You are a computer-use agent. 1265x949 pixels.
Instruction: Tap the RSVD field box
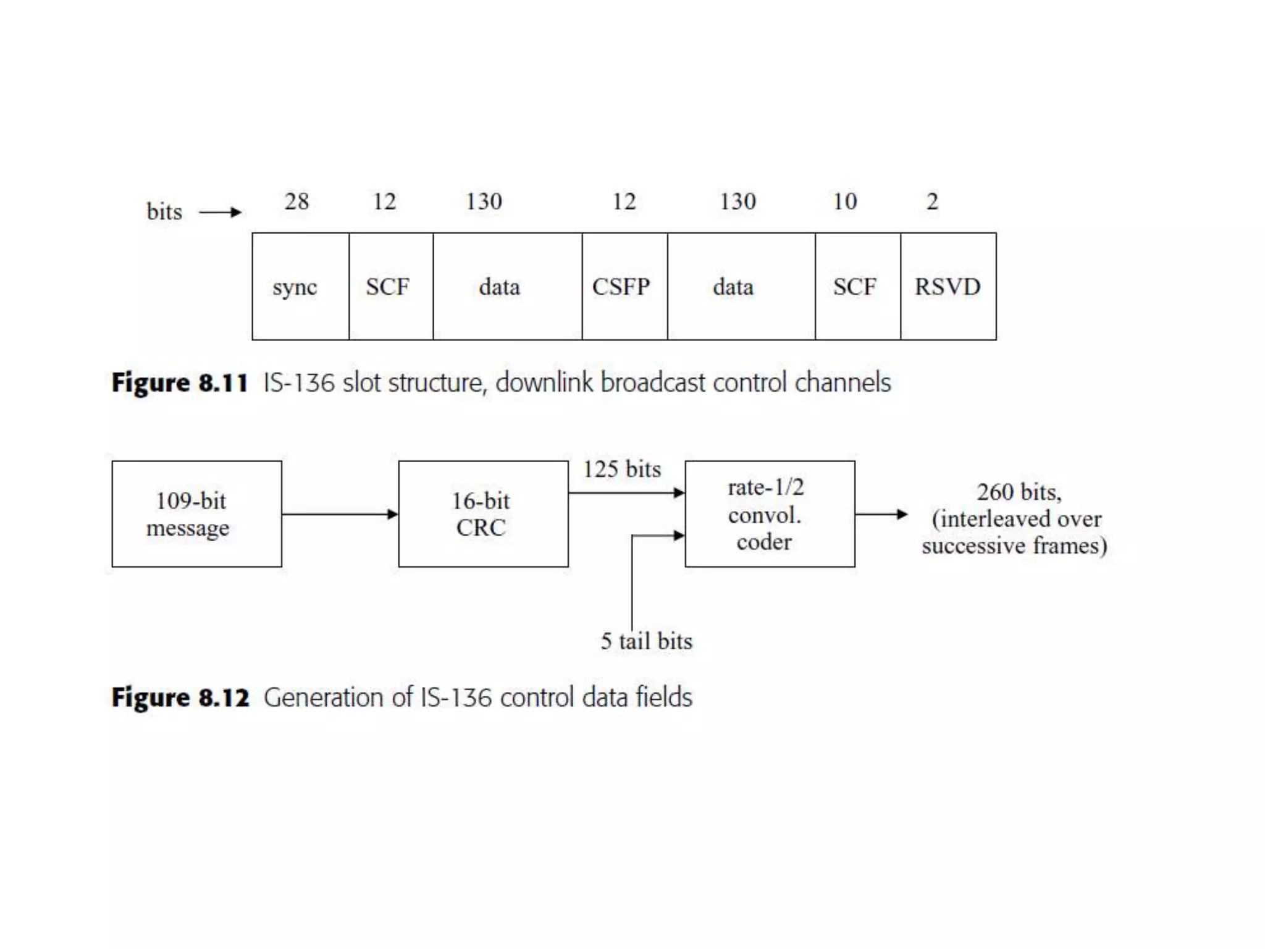[x=948, y=287]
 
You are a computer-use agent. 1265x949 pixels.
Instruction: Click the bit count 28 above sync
[x=296, y=201]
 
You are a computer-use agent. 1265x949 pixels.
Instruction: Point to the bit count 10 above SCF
[x=844, y=201]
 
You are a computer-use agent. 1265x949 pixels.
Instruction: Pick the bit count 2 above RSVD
[x=932, y=201]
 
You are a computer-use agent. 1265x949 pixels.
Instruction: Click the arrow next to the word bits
[x=220, y=213]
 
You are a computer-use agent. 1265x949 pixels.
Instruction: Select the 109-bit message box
[x=196, y=514]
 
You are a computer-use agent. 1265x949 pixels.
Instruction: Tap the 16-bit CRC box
[x=483, y=514]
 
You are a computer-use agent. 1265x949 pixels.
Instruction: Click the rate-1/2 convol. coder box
[x=770, y=514]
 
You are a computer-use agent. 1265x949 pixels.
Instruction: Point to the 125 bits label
[x=622, y=470]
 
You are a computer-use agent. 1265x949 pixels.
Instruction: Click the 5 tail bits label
[x=646, y=641]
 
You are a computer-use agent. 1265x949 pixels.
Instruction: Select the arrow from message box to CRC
[x=340, y=514]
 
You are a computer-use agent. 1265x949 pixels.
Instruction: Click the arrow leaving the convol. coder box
[x=881, y=514]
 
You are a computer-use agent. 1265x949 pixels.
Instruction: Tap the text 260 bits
[x=1019, y=492]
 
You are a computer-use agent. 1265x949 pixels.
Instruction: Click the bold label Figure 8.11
[x=180, y=383]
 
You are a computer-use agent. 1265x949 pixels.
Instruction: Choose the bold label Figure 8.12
[x=180, y=698]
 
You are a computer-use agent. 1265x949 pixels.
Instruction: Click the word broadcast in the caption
[x=653, y=383]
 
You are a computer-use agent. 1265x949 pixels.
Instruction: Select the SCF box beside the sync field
[x=390, y=287]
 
